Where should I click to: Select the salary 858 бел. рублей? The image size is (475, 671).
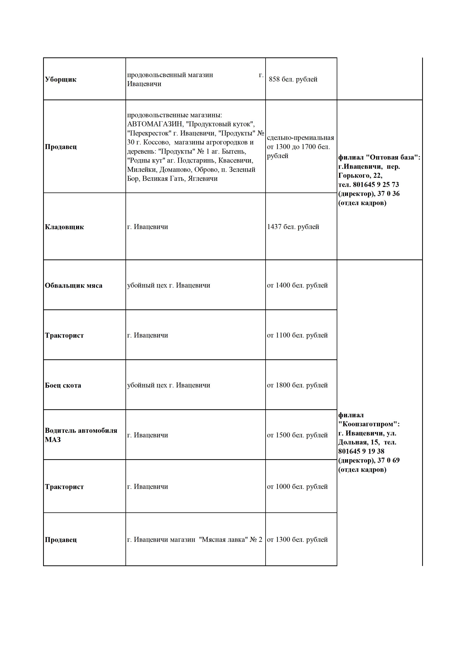coord(293,79)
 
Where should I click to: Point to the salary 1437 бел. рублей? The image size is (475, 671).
coord(293,227)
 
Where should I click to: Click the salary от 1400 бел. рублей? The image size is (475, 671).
coord(297,285)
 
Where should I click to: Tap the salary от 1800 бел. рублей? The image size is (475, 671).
coord(297,385)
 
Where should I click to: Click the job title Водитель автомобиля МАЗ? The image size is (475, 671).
coord(81,435)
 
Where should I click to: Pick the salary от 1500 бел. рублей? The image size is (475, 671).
coord(297,435)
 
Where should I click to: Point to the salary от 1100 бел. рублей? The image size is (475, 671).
coord(297,335)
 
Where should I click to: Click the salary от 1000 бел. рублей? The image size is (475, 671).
coord(297,487)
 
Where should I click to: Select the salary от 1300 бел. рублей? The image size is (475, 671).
coord(297,540)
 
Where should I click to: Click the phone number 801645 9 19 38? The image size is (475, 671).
coord(361,451)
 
